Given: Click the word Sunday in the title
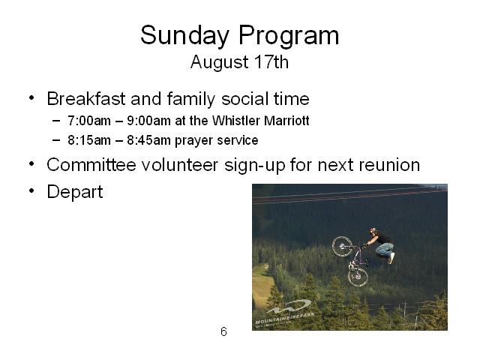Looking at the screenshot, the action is [x=185, y=36].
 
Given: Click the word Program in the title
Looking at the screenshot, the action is [x=289, y=36].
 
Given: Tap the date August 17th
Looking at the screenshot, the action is [x=239, y=62].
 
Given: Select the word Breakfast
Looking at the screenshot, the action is [x=86, y=99].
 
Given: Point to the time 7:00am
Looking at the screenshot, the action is [x=89, y=121].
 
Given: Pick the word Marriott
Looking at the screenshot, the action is [x=286, y=121].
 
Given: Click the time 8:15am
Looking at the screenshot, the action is [x=89, y=140].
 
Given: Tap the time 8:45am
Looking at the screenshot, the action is [x=148, y=140].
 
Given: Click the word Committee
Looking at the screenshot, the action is [x=91, y=165].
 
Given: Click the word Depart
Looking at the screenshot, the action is [x=75, y=192].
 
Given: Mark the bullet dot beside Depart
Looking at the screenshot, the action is [x=31, y=190].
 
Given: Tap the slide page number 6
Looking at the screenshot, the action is [x=223, y=331].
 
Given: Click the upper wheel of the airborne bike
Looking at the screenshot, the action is [x=342, y=247].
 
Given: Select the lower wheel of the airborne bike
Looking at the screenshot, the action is [x=358, y=276].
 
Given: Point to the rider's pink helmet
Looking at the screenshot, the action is [x=373, y=230].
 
